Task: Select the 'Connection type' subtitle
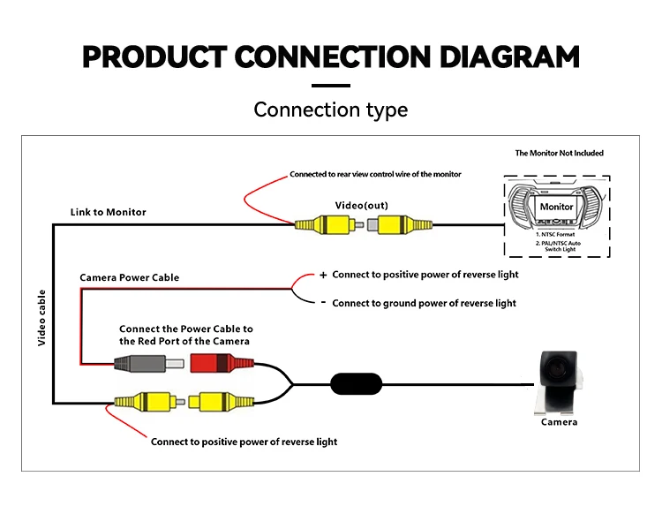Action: pos(331,110)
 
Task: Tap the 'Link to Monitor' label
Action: pos(109,212)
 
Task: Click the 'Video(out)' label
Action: pos(361,205)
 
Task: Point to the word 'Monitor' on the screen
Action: pos(556,207)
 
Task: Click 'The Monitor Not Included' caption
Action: pos(560,153)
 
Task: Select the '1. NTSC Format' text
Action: pos(556,233)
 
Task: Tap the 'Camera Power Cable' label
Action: pos(129,277)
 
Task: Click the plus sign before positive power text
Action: pos(323,275)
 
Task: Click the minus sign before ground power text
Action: pos(323,303)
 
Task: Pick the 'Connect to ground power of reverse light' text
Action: pos(425,303)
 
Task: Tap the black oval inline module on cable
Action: pos(357,384)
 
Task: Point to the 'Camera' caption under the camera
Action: pos(559,422)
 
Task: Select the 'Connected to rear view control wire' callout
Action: pos(375,174)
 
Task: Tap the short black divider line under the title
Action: pos(331,86)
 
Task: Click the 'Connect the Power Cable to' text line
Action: pos(186,329)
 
